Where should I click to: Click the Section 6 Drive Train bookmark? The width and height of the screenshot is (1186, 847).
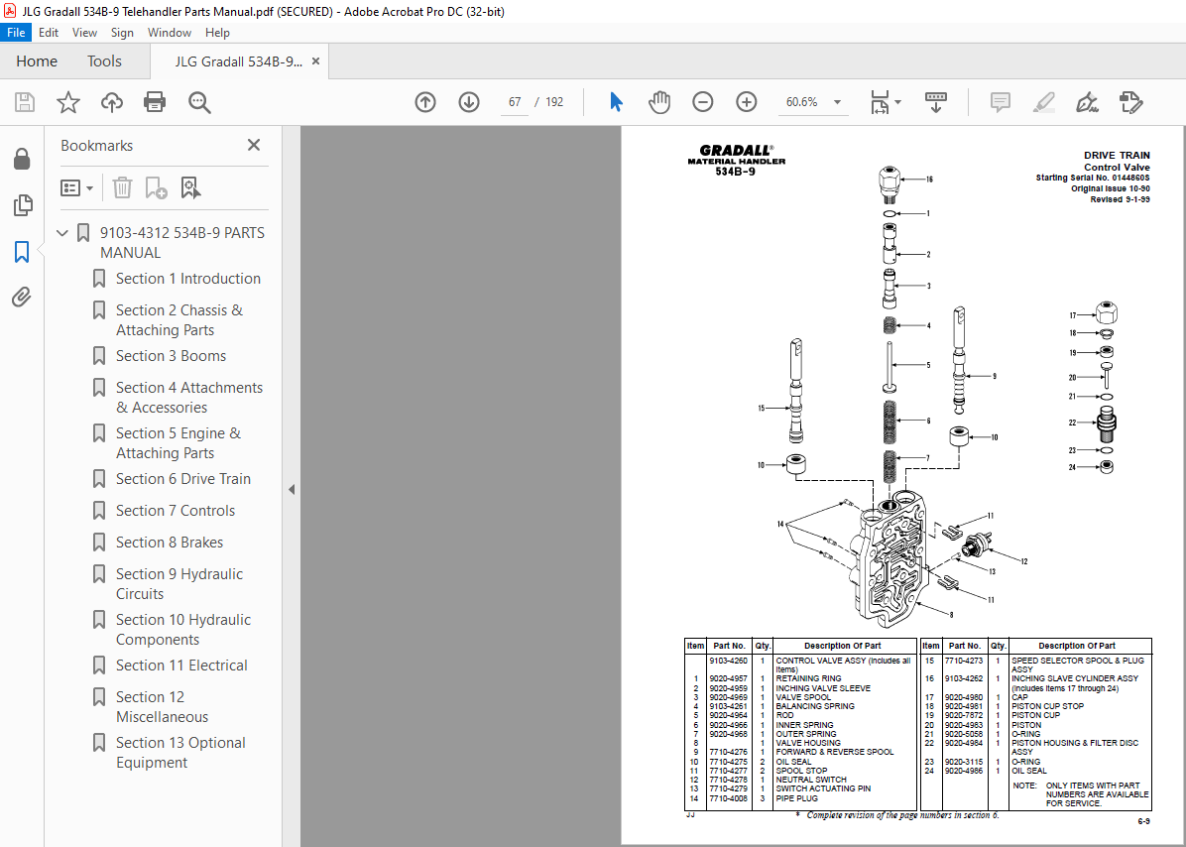(182, 479)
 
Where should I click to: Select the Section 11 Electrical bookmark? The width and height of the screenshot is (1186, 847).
(181, 665)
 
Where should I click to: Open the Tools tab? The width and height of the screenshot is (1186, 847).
(104, 61)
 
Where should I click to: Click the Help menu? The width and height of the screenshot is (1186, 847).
(217, 33)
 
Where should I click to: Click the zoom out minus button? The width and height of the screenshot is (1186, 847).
(702, 102)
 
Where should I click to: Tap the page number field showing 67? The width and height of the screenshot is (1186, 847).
(515, 102)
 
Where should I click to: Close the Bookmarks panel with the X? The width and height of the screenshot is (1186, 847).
(254, 145)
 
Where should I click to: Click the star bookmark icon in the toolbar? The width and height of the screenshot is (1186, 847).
(67, 102)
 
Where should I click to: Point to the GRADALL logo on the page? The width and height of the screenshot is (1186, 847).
(736, 151)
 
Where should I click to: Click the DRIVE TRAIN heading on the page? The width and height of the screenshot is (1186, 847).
(1117, 156)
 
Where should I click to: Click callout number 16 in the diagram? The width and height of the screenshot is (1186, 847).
(929, 180)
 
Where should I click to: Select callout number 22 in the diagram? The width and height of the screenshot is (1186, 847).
(1073, 423)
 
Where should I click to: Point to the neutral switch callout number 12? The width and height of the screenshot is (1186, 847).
(1023, 561)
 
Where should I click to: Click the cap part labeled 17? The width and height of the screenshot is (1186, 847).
(1107, 313)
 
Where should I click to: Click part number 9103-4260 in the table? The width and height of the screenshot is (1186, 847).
(728, 661)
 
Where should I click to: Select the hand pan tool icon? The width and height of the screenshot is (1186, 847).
(659, 102)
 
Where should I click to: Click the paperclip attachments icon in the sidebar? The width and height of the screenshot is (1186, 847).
(21, 297)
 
